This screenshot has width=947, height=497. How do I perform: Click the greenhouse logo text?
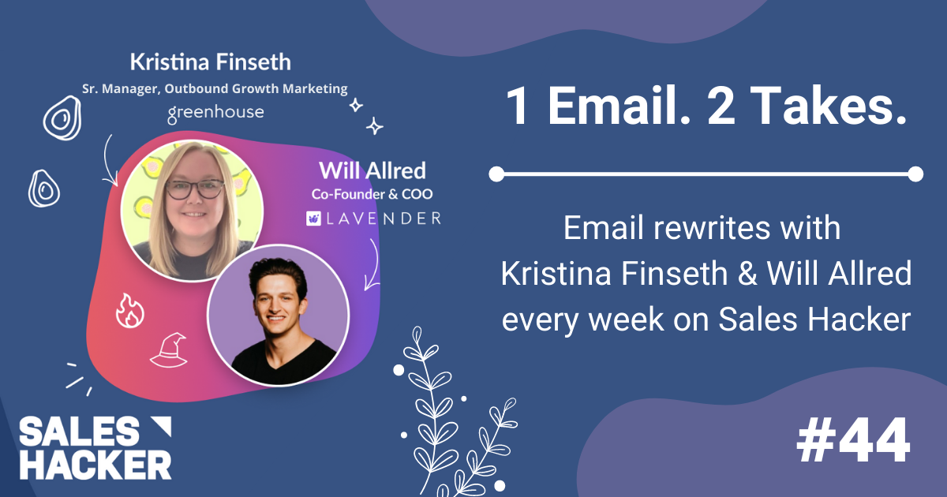pyautogui.click(x=215, y=113)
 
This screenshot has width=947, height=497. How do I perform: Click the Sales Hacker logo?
pyautogui.click(x=95, y=448)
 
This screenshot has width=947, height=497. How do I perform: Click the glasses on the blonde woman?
pyautogui.click(x=194, y=189)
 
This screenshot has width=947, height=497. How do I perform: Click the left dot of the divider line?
pyautogui.click(x=496, y=174)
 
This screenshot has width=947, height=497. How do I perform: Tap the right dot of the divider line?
pyautogui.click(x=915, y=174)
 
